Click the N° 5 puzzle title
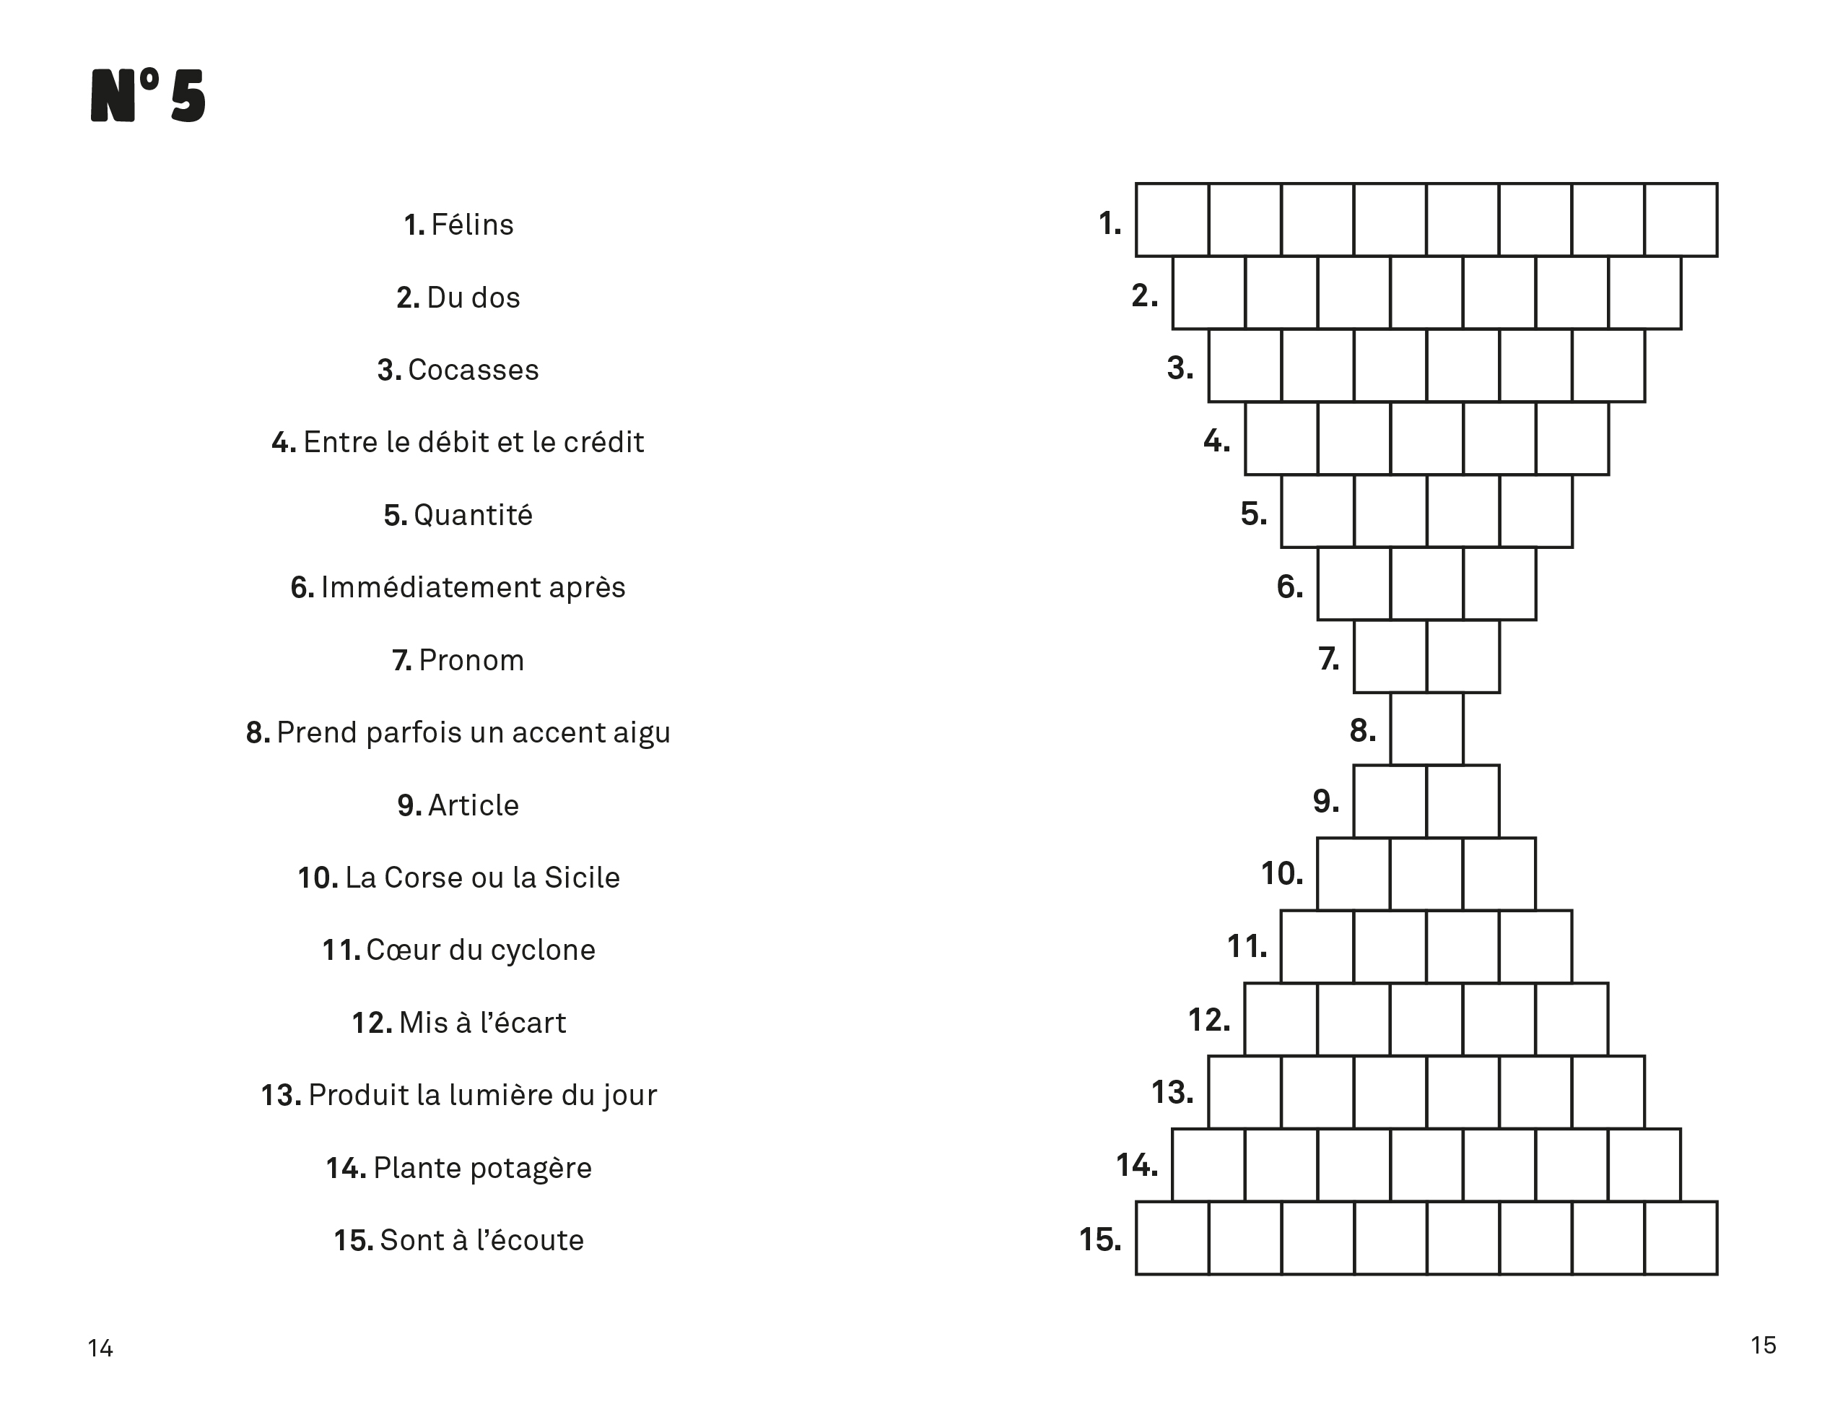(148, 96)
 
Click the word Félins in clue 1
(472, 225)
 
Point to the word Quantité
(473, 515)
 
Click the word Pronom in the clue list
(471, 661)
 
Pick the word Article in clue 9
(473, 805)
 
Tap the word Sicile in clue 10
(582, 878)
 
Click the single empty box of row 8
(1426, 729)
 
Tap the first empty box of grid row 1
(1172, 220)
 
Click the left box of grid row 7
(1390, 657)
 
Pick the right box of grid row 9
(1463, 802)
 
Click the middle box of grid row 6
(1426, 584)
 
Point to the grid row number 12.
(1209, 1020)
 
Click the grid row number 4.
(1216, 441)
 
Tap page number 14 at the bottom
(100, 1348)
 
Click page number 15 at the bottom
(1763, 1345)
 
